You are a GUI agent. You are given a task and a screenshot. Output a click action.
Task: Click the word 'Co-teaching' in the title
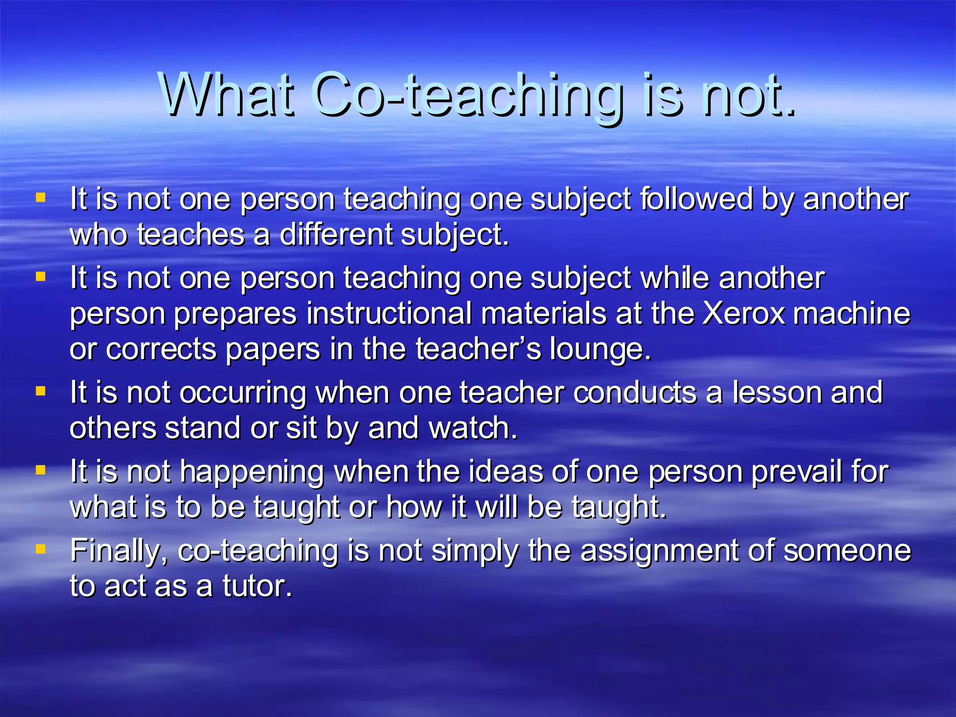point(469,96)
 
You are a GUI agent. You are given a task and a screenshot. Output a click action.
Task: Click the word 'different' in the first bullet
point(336,234)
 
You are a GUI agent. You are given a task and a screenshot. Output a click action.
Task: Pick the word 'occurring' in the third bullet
point(243,393)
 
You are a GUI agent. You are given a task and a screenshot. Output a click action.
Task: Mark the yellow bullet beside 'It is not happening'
point(41,469)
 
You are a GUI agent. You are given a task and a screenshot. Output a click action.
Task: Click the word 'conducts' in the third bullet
point(635,393)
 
